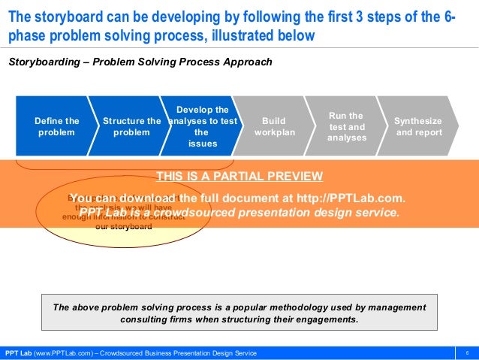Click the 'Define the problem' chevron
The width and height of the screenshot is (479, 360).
pyautogui.click(x=56, y=126)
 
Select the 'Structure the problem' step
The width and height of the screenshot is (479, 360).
pyautogui.click(x=131, y=126)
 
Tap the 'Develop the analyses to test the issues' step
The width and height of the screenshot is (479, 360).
pyautogui.click(x=200, y=126)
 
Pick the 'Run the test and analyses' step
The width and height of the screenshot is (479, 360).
pyautogui.click(x=346, y=126)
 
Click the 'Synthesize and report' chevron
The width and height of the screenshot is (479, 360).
pyautogui.click(x=418, y=126)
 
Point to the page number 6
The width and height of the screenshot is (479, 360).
pyautogui.click(x=467, y=353)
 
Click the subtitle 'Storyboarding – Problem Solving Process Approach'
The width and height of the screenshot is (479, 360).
pyautogui.click(x=140, y=62)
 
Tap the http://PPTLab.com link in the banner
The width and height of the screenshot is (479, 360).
pyautogui.click(x=350, y=198)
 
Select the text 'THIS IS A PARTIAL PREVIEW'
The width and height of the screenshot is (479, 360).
pyautogui.click(x=239, y=177)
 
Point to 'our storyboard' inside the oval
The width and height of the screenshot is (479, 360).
pyautogui.click(x=123, y=226)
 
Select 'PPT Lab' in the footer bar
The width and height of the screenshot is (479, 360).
pyautogui.click(x=17, y=353)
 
